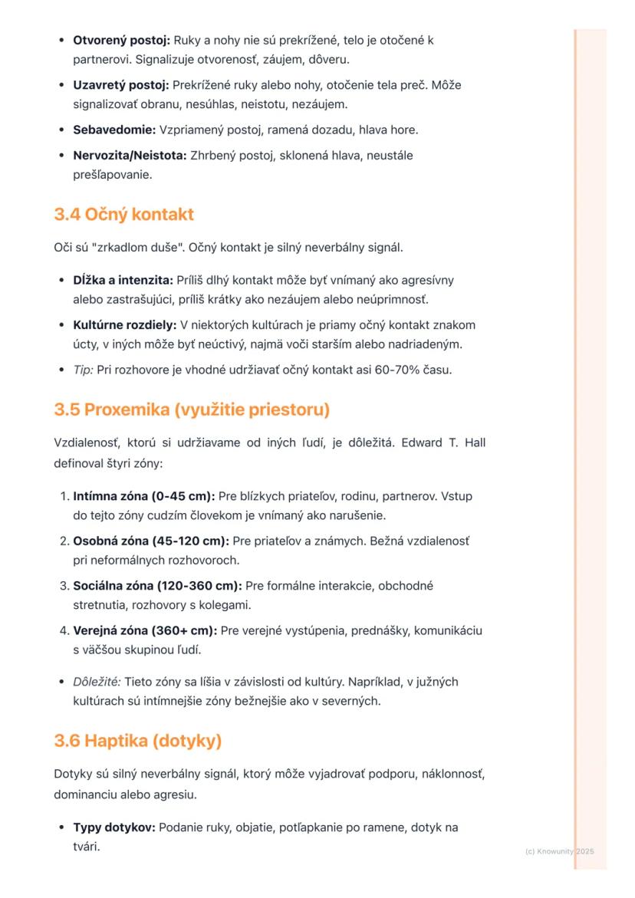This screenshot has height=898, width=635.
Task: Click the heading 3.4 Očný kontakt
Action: coord(123,215)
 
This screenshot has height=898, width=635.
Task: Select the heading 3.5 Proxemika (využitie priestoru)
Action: coord(192,410)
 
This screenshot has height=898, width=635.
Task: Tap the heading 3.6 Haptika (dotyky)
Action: coord(137,741)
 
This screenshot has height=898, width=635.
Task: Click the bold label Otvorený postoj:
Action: coord(121,40)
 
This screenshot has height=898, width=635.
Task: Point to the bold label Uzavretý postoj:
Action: coord(120,85)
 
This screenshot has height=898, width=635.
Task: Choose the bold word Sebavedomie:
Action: coord(114,130)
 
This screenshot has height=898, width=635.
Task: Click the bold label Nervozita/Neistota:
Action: coord(130,156)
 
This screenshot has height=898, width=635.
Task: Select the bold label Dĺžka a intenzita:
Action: coord(123,281)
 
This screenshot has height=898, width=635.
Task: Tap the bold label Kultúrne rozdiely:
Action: coord(124,325)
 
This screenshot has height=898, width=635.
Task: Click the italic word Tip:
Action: coord(82,370)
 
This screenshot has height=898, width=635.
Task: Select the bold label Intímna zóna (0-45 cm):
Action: coord(143,496)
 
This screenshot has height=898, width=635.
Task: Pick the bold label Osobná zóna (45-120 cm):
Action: coord(150,541)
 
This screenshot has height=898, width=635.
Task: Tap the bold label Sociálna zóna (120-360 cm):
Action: coord(157,586)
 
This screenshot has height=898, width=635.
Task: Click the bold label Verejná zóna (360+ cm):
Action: coord(144,631)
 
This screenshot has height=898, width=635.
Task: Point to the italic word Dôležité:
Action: coord(97,682)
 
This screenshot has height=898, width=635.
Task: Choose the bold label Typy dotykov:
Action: coord(114,828)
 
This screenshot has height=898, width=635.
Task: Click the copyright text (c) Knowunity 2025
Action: coord(560,851)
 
